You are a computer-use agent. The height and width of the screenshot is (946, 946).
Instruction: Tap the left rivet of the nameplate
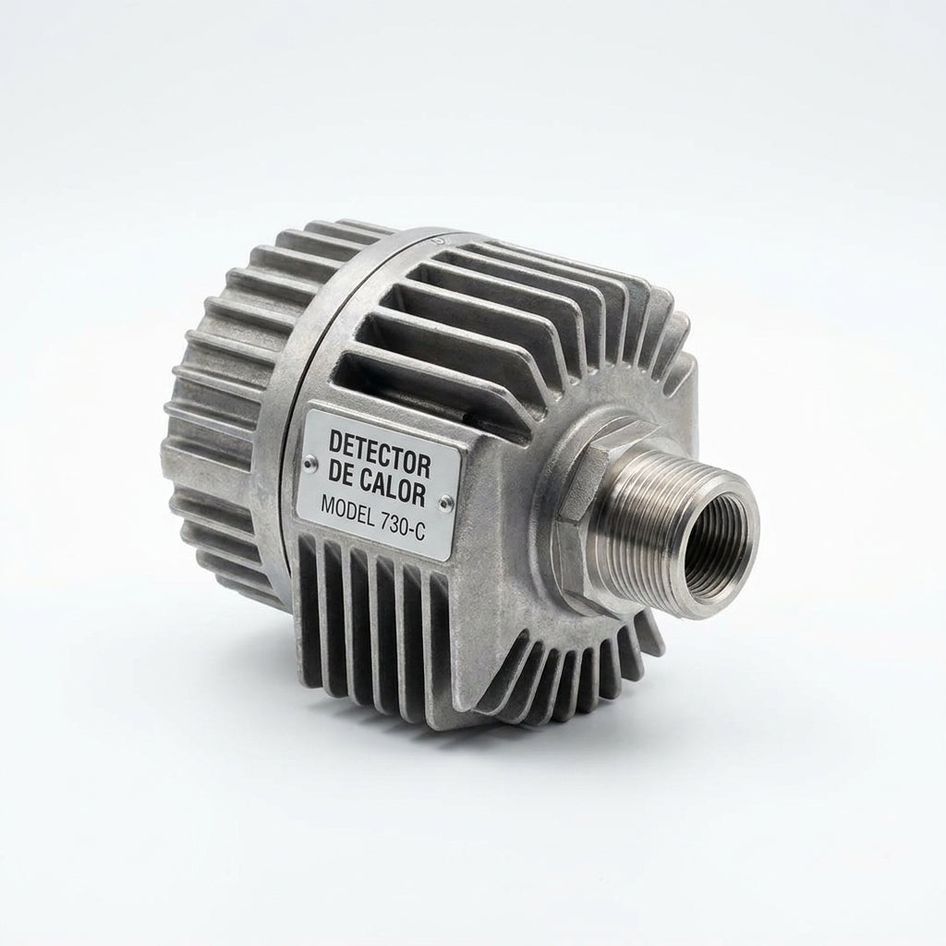point(309,463)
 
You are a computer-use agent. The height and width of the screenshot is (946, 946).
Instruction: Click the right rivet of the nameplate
point(444,500)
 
